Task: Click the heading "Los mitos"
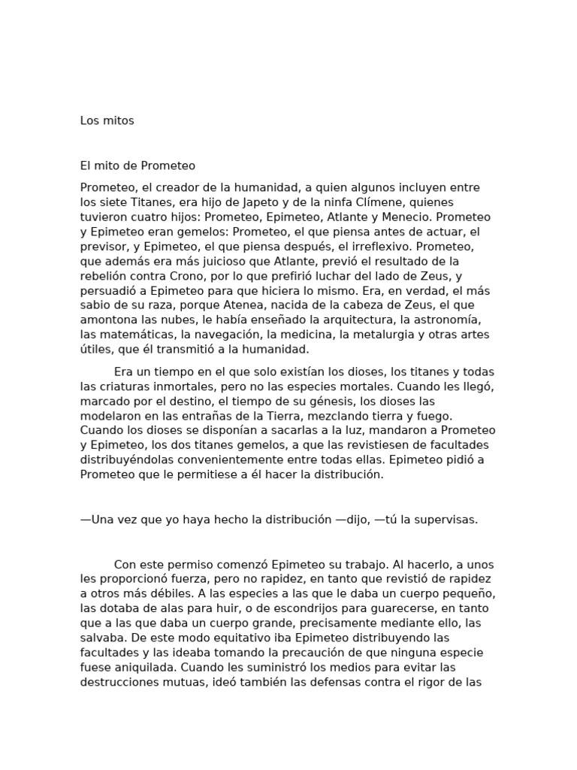click(x=107, y=120)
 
